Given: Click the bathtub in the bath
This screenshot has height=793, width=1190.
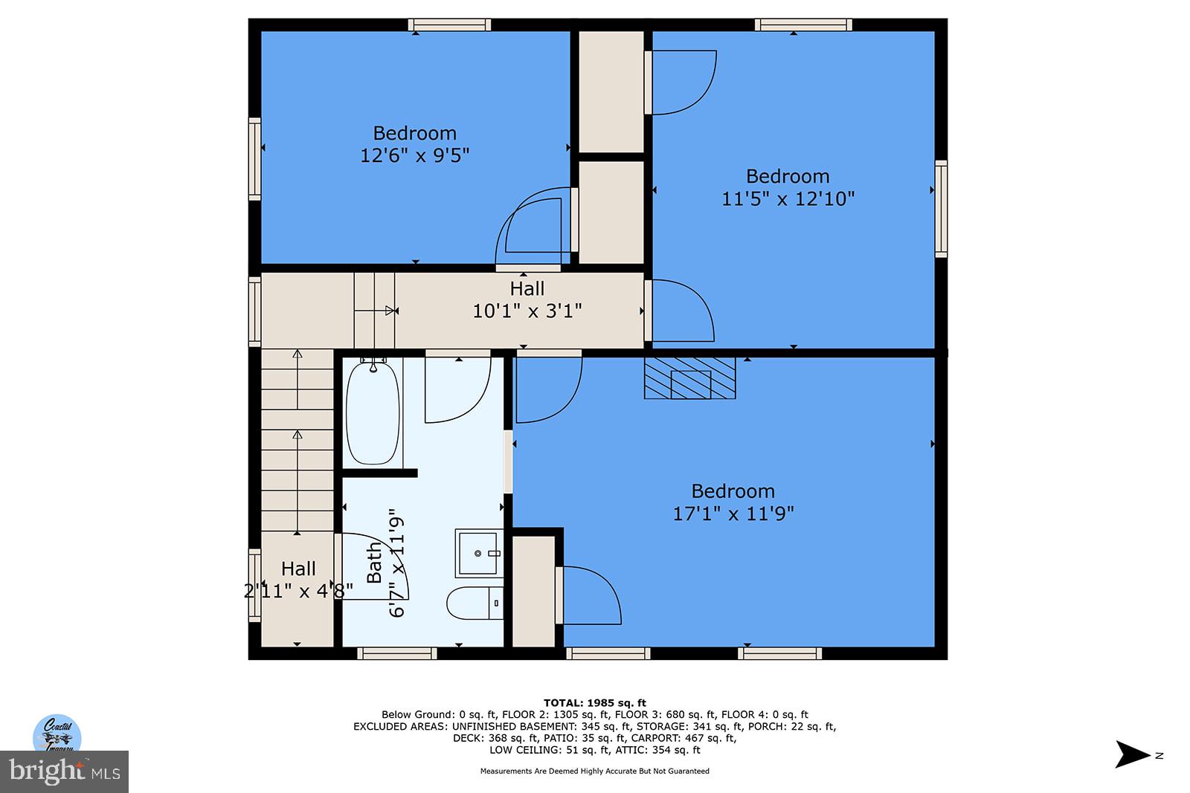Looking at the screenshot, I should (x=373, y=412).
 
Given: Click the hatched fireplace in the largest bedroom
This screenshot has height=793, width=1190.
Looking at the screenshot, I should (x=689, y=378).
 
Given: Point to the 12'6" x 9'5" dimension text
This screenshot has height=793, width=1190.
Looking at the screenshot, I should (x=414, y=155).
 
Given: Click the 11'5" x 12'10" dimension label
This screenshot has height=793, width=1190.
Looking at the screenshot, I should (x=788, y=198).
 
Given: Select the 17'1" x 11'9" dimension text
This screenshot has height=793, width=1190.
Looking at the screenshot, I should (x=733, y=514).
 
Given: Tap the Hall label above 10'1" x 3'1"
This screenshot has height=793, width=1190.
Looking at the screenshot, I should (x=527, y=288).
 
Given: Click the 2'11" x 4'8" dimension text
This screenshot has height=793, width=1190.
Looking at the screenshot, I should (x=298, y=591).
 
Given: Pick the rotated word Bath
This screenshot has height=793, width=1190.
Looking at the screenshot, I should (x=374, y=563).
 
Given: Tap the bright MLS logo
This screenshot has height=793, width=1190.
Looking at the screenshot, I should (x=64, y=771).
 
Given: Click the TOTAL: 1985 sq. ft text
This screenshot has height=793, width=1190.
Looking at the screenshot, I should (x=594, y=702).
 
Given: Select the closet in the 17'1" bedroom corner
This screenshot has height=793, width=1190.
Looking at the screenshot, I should (x=533, y=591).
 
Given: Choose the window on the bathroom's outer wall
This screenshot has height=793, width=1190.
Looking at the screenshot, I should (x=396, y=653).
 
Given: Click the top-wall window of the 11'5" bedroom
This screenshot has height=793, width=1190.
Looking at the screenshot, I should (x=803, y=25).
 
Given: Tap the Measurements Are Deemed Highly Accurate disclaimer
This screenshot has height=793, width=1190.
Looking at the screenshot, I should (x=594, y=771).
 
